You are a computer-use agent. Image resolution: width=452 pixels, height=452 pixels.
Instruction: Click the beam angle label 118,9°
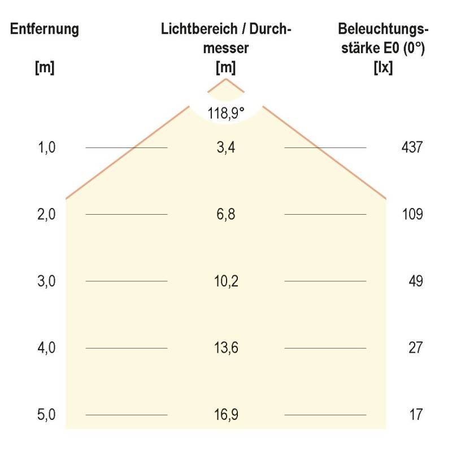point(226,113)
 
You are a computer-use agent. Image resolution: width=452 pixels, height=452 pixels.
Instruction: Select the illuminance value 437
point(411,147)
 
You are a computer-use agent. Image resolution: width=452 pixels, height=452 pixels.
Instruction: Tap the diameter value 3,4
point(226,147)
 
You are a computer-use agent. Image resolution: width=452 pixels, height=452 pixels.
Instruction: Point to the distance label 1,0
point(47,147)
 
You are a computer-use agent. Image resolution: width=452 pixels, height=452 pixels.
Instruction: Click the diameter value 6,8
point(226,214)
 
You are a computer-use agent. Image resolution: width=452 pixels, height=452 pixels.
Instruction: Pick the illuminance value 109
point(411,214)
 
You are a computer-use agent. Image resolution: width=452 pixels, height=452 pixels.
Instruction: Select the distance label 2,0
point(47,214)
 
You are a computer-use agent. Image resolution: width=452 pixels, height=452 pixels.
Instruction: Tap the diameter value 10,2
point(226,281)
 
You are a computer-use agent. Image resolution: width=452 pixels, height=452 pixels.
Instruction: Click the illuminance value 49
point(415,281)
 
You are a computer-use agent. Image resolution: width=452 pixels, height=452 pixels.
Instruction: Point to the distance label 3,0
point(47,281)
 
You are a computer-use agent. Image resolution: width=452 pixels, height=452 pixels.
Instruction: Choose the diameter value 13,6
point(226,347)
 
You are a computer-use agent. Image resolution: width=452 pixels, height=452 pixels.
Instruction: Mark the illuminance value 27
point(415,347)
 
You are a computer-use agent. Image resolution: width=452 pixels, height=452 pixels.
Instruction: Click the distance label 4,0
point(47,347)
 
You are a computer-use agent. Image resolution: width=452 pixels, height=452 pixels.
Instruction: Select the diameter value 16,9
point(226,415)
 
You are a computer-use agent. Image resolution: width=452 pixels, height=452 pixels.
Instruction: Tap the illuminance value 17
point(415,415)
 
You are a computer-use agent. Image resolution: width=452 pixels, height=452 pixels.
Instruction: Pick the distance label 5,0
point(47,415)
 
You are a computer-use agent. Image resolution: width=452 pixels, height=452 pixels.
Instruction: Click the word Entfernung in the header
point(44,29)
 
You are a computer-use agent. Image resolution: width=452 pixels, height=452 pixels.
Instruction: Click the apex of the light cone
point(226,79)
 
